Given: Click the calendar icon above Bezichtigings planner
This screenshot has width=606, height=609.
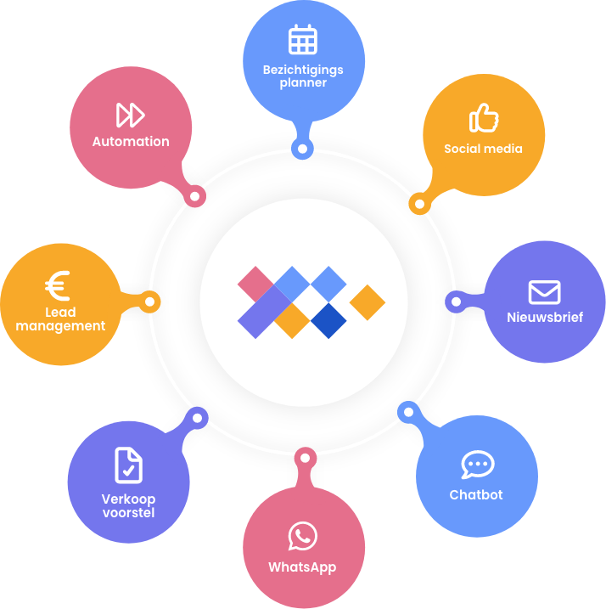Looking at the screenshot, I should pos(303,41).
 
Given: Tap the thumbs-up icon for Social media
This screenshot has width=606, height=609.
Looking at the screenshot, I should pos(484,118).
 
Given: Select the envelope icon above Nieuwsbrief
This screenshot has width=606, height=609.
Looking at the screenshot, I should pos(544,292).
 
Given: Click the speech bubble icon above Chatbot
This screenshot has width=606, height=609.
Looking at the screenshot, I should pos(477,465).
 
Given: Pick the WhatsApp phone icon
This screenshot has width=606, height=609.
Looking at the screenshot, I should pos(303,536).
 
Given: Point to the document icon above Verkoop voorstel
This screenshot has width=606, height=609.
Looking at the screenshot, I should pos(128,465).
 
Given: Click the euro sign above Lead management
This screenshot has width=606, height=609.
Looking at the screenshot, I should pos(58,287).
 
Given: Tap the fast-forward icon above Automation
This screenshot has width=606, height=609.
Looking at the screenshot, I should pos(131,114).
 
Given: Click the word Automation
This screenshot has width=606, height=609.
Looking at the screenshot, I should pos(131,142).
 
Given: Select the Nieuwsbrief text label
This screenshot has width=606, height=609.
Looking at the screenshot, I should pos(544,319).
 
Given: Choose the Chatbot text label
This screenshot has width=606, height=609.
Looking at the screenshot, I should pos(476,495).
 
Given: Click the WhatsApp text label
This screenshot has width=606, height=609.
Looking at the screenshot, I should pos(302,567).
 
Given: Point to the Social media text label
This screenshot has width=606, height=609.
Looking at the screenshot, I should pos(483,149).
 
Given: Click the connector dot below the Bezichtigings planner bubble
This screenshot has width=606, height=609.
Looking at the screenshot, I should pos(302,149).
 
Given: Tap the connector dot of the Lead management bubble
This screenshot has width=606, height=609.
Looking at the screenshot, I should pos(150,302).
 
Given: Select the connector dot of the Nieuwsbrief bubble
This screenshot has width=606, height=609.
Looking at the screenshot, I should pos(453,301).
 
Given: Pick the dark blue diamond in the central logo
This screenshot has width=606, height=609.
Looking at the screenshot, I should pos(328,320).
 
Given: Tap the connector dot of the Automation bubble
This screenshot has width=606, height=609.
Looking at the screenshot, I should pos(195,196).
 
